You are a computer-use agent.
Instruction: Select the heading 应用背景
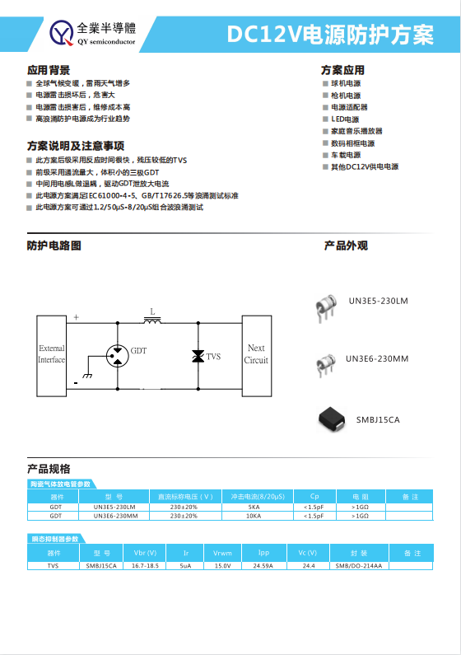[x=49, y=70]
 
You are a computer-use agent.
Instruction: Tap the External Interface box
[x=51, y=354]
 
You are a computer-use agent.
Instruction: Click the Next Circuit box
[x=256, y=354]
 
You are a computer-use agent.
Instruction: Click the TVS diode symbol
[x=198, y=356]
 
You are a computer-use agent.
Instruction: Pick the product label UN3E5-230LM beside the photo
[x=378, y=301]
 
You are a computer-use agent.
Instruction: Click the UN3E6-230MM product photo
[x=323, y=363]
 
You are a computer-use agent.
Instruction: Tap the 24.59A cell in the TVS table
[x=263, y=566]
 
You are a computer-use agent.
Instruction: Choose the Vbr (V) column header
[x=145, y=553]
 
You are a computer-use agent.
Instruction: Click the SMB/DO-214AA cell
[x=359, y=566]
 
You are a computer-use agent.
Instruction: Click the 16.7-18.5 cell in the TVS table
[x=145, y=566]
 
